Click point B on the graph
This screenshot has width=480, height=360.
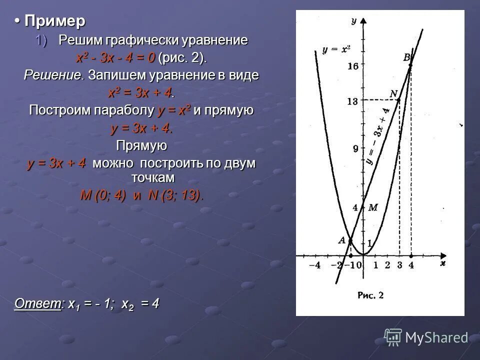[x=410, y=65]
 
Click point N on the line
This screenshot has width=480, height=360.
[x=399, y=100]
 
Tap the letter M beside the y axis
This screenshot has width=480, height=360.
[x=372, y=208]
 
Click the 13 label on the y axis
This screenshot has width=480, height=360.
[x=352, y=101]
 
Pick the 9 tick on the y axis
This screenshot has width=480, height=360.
[x=355, y=148]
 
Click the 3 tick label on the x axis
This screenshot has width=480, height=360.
[x=399, y=265]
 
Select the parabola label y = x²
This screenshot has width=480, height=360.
[x=336, y=49]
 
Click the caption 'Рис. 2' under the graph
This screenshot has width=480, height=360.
[x=370, y=295]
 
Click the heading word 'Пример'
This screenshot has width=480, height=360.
[x=55, y=21]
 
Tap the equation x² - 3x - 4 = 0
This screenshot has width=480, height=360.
[x=115, y=58]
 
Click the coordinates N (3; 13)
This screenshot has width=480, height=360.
[x=175, y=195]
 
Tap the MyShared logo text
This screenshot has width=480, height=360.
[x=436, y=338]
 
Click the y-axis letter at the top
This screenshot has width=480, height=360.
[x=353, y=20]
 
